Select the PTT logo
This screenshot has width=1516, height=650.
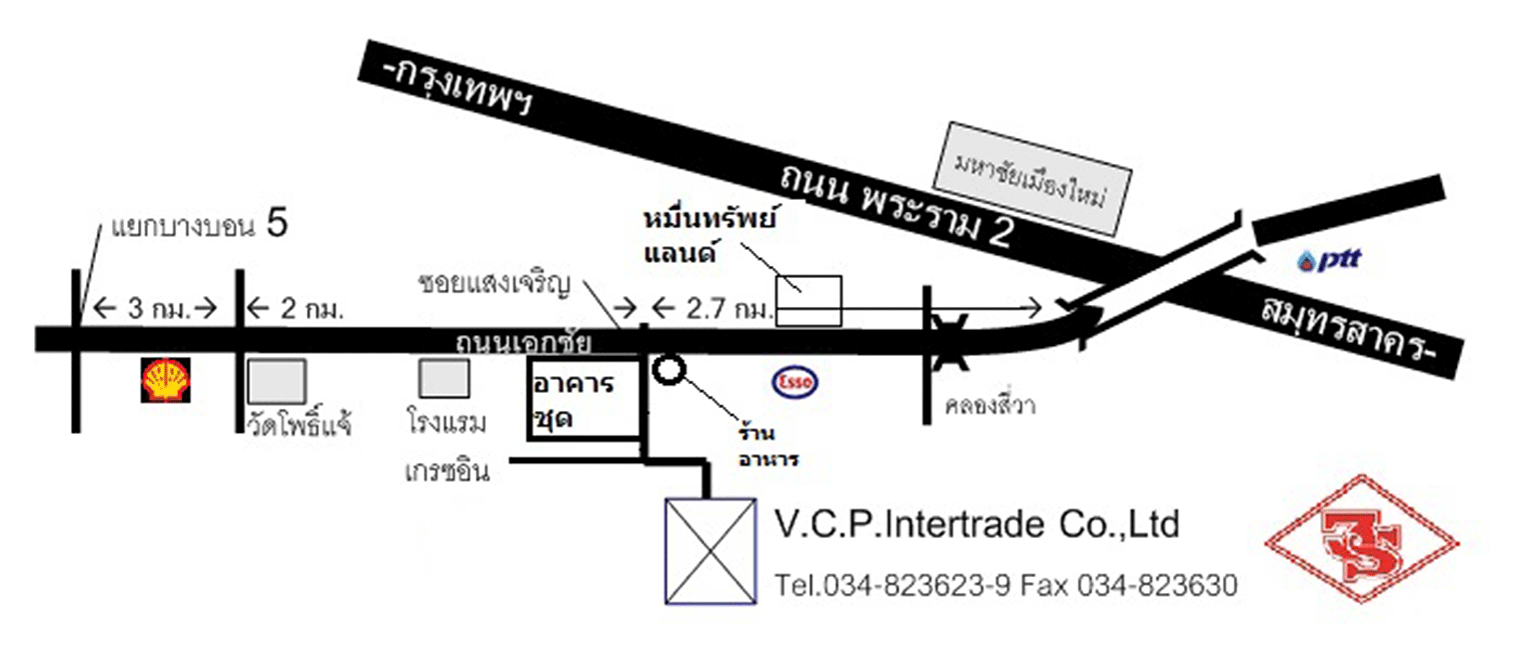(x=1329, y=262)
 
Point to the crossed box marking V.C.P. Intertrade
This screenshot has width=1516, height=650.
(x=710, y=550)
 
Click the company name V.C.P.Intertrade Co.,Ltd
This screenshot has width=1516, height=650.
(x=977, y=524)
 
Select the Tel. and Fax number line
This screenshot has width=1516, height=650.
(x=1005, y=585)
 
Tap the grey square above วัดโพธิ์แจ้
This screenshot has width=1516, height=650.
(x=277, y=381)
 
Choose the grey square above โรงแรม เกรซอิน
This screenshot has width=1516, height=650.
(x=444, y=380)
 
